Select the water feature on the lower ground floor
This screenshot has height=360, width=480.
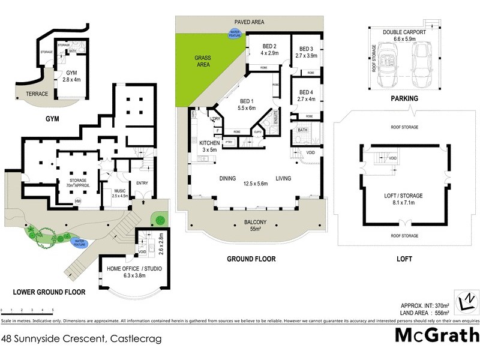click(x=80, y=242)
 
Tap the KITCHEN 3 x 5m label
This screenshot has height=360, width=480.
click(x=211, y=146)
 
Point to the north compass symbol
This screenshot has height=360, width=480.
click(x=465, y=301)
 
